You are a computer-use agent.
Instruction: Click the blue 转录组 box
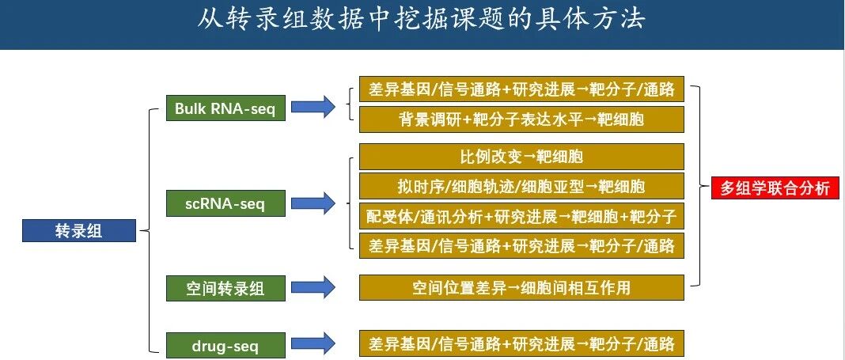click(x=79, y=231)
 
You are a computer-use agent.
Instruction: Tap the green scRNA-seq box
click(x=225, y=204)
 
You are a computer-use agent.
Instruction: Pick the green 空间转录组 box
click(x=225, y=288)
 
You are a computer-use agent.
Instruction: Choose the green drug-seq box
click(x=225, y=345)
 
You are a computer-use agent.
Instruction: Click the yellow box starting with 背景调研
click(x=521, y=120)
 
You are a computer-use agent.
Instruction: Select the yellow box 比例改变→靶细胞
click(x=521, y=156)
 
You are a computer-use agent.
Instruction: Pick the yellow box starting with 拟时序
click(x=521, y=186)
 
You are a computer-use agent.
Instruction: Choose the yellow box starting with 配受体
click(x=521, y=216)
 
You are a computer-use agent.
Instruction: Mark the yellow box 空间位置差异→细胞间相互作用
click(x=521, y=287)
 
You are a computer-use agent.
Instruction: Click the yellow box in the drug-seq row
click(x=521, y=344)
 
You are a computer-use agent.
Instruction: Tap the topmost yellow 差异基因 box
click(x=521, y=90)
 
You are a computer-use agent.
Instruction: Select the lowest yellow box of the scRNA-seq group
click(x=521, y=246)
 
